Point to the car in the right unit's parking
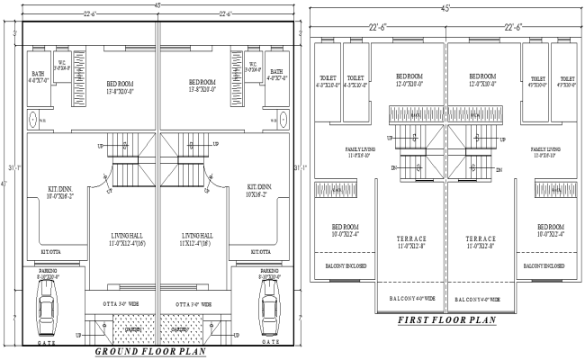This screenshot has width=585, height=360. coord(269,305)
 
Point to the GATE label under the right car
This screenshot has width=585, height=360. coord(269,342)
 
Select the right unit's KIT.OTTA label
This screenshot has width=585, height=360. coord(263,252)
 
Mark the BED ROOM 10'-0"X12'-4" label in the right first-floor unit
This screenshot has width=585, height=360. coord(550,230)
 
